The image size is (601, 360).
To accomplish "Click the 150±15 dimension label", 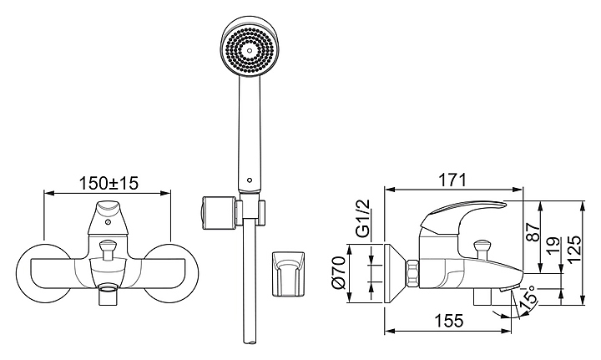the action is pyautogui.click(x=108, y=183).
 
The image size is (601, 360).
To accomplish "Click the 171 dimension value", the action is pyautogui.click(x=452, y=180).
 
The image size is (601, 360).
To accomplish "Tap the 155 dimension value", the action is pyautogui.click(x=449, y=320).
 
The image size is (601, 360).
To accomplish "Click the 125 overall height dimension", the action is pyautogui.click(x=573, y=249).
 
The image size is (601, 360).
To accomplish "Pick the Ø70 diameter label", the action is pyautogui.click(x=340, y=272).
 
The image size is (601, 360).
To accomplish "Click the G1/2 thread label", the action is pyautogui.click(x=362, y=218).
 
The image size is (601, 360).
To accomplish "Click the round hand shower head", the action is pyautogui.click(x=250, y=47).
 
